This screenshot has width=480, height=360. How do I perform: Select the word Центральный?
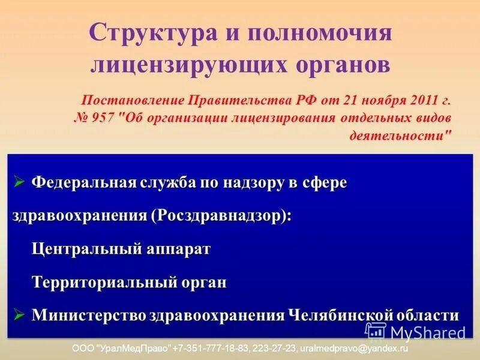pyautogui.click(x=83, y=248)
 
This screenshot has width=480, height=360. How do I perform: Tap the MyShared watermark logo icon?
pyautogui.click(x=376, y=332)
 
